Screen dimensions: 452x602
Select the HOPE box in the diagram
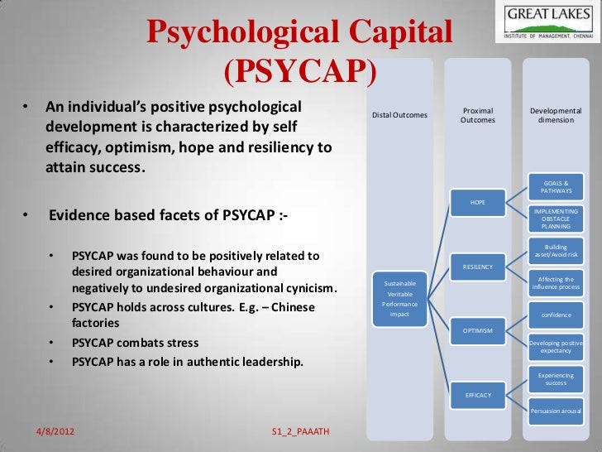pos(477,202)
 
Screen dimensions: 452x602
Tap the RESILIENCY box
pos(477,267)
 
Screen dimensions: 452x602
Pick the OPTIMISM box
pos(477,330)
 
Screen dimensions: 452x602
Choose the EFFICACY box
pos(477,395)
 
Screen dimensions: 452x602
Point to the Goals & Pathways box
pos(555,186)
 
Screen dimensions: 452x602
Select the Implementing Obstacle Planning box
pos(555,219)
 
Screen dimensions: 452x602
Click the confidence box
pos(555,315)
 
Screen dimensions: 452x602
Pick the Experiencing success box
pos(555,379)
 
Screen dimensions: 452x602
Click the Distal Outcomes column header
pos(399,114)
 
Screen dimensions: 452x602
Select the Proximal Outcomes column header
pos(477,115)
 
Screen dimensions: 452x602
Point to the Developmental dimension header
pos(555,115)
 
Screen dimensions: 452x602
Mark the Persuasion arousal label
pos(555,411)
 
